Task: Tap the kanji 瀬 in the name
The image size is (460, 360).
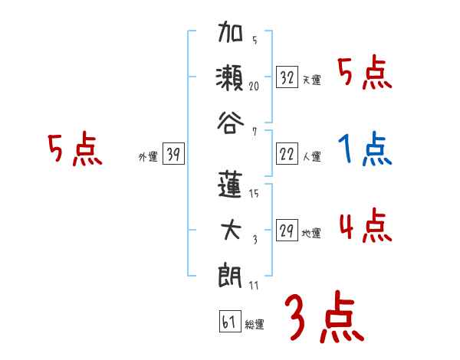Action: click(x=231, y=77)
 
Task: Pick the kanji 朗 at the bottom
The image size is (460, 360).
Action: click(x=231, y=273)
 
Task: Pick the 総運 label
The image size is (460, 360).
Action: click(x=254, y=324)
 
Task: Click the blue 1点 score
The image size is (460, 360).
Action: click(x=364, y=150)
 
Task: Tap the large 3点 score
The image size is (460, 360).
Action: click(x=323, y=318)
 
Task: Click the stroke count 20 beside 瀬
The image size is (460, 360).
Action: click(x=255, y=87)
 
